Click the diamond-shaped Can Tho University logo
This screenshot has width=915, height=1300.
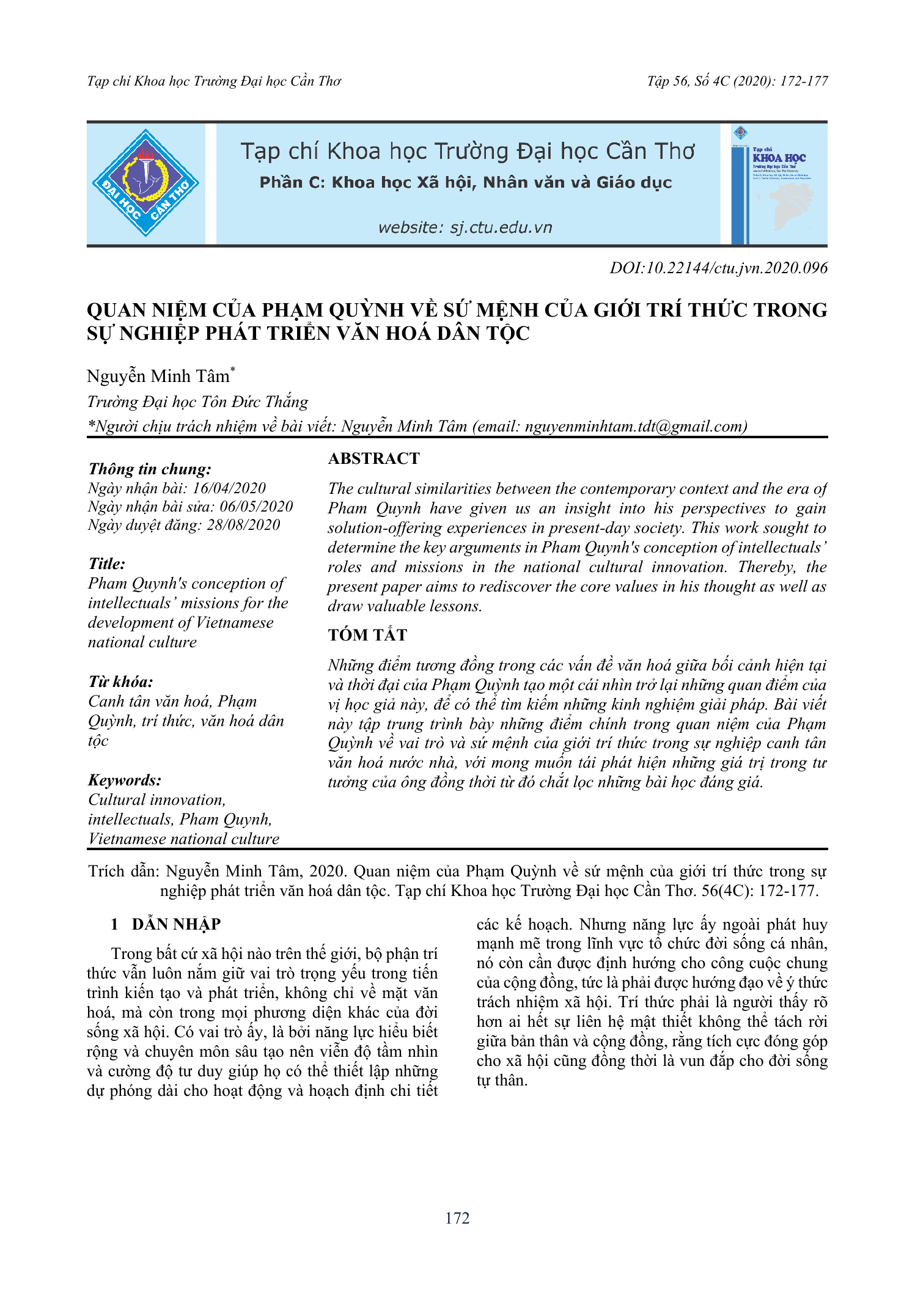[x=145, y=183]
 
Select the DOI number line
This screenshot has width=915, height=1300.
[x=718, y=268]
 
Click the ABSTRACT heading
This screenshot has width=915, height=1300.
[x=373, y=458]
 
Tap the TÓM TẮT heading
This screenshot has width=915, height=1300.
[x=367, y=635]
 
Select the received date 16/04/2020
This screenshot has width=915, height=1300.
[x=229, y=488]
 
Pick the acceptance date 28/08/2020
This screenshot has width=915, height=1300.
[x=243, y=524]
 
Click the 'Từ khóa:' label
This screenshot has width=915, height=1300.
[x=120, y=681]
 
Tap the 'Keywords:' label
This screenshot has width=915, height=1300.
[x=125, y=780]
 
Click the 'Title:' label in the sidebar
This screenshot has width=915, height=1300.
[x=106, y=564]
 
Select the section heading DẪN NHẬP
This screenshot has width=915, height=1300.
[x=176, y=924]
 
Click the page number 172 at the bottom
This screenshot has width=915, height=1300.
[x=457, y=1218]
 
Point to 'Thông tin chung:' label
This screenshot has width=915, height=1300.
[x=150, y=469]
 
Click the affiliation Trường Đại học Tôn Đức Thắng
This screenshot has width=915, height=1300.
[x=197, y=402]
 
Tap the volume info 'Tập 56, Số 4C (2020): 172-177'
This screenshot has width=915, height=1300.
[x=737, y=81]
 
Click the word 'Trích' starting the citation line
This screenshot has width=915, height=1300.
[x=106, y=871]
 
